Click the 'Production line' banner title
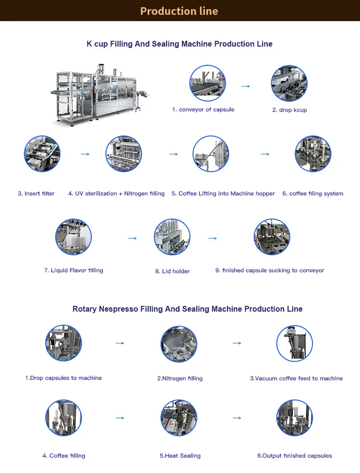pos(179,11)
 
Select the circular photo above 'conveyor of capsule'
pos(207,83)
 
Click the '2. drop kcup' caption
pos(289,110)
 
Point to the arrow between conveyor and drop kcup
pos(246,86)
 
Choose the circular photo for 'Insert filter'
pos(42,154)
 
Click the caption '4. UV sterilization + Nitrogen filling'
pos(116,194)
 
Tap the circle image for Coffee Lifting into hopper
pos(211,154)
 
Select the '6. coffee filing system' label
pos(312,194)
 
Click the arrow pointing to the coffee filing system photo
pos(265,154)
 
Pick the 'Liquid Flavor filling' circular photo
pos(73,237)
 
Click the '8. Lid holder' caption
pos(172,271)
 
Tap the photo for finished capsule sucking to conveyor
pos(272,237)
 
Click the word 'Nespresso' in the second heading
pos(119,309)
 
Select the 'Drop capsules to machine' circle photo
pos(63,343)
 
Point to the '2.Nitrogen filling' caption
pos(180,378)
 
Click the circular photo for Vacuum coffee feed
pos(295,343)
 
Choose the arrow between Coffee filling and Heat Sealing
pos(120,418)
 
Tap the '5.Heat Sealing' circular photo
pos(179,418)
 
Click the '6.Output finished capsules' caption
pos(295,456)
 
